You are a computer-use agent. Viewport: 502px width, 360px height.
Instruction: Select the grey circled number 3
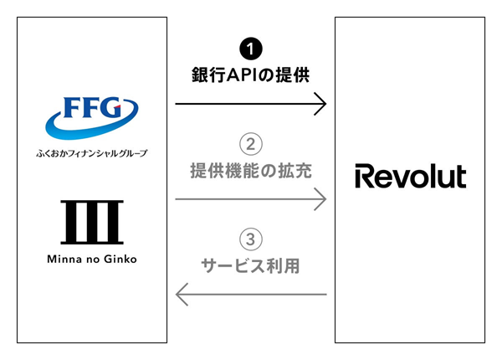click(x=250, y=239)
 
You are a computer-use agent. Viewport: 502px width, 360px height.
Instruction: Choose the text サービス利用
click(x=250, y=267)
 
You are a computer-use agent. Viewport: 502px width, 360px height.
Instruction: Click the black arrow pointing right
click(x=250, y=105)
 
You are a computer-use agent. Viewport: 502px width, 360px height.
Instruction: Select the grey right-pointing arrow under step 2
click(x=250, y=199)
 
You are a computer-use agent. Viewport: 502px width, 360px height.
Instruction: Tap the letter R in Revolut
click(x=362, y=177)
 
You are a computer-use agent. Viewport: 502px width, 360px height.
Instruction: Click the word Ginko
click(x=120, y=260)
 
